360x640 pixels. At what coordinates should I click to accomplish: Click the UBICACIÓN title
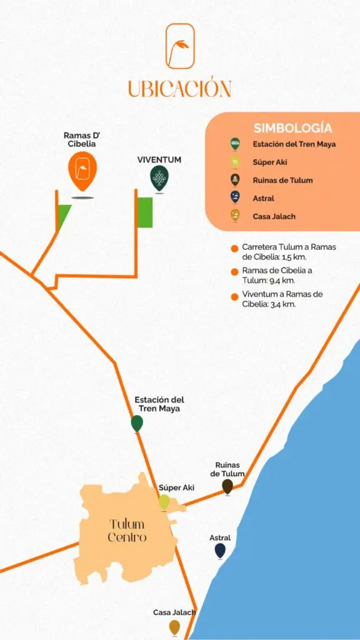179,87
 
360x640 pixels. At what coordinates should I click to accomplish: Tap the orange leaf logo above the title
180,46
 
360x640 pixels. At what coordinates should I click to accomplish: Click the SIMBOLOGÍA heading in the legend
292,128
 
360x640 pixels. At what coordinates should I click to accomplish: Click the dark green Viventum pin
159,178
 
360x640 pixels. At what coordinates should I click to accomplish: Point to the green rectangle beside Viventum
145,212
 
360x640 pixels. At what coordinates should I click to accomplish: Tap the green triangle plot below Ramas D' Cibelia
62,216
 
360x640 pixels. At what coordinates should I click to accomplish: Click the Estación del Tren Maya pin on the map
137,423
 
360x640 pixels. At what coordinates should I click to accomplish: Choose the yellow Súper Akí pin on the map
164,502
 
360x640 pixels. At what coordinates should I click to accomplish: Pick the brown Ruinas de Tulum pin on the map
227,486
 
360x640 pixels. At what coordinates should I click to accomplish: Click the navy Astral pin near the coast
220,550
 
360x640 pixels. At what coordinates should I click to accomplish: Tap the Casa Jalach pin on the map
174,627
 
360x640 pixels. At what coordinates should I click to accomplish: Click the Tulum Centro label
127,531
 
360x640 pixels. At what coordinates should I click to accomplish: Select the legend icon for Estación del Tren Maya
235,144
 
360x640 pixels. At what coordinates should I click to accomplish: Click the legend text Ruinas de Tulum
282,180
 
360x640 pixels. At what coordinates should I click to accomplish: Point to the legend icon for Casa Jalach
235,216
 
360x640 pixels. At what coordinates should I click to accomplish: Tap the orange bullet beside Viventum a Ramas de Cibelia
234,296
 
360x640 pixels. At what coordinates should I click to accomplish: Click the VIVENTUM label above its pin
159,160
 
